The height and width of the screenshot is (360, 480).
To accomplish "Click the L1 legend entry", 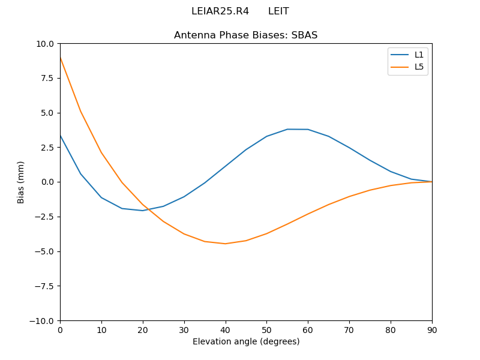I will tap(419, 55).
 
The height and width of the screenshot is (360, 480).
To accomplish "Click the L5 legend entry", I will tap(419, 67).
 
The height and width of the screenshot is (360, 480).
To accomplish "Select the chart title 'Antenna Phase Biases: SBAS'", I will tap(245, 35).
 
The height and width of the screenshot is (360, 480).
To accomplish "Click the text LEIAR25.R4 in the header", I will tap(220, 11).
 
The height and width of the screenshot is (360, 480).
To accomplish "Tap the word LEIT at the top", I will tap(278, 11).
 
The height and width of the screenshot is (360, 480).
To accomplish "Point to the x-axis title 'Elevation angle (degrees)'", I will tap(246, 341).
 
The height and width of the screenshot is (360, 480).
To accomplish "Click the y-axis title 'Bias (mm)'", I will tap(21, 182).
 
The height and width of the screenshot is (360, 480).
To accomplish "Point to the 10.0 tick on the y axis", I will tap(46, 44).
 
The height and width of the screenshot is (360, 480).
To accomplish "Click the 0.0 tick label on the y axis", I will tap(48, 182).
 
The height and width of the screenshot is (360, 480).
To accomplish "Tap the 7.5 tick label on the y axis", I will tap(48, 78).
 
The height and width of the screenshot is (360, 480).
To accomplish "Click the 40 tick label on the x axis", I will tap(225, 330).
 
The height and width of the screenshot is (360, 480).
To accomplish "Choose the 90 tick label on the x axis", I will tap(431, 330).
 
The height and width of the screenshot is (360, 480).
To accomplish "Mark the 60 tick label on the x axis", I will tap(308, 330).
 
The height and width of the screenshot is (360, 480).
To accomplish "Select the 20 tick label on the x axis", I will tap(143, 330).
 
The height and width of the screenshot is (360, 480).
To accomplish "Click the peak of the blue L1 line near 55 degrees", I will tap(287, 129).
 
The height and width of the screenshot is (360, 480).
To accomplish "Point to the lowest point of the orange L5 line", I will tap(225, 244).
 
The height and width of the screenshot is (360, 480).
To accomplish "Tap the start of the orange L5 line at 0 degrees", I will tap(61, 58).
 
